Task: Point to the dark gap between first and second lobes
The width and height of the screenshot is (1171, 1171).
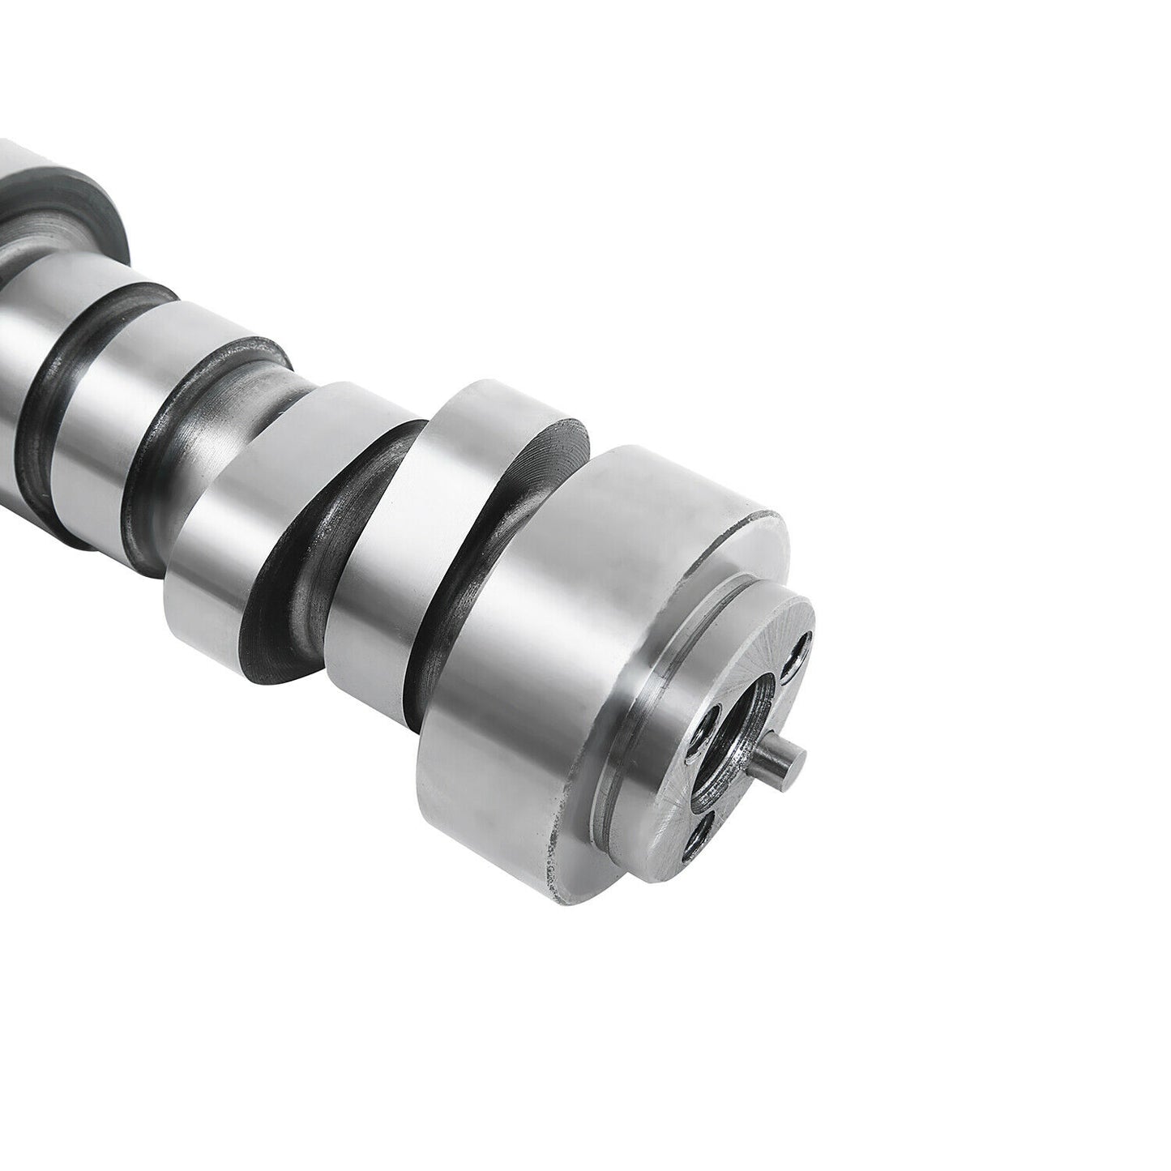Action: coord(308,583)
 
